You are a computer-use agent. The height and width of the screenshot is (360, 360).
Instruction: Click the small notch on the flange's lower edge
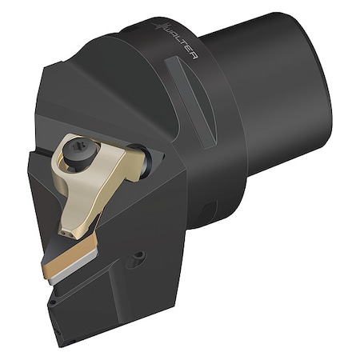coord(206,211)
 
